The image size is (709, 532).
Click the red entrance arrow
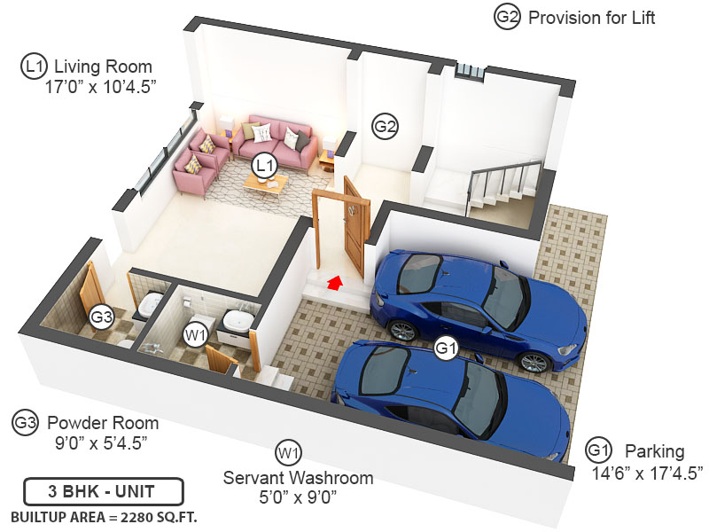[x=334, y=282]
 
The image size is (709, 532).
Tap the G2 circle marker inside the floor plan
[x=385, y=126]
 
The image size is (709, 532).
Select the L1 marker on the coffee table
[x=264, y=165]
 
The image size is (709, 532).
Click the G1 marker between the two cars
[x=445, y=349]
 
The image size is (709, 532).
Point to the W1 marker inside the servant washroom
[x=195, y=334]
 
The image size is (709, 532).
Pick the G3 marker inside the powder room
[x=102, y=316]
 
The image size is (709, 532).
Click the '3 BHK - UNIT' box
[x=103, y=491]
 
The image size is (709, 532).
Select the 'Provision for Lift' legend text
[x=591, y=17]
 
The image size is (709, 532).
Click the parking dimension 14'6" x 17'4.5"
[x=647, y=471]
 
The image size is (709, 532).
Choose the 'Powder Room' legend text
[x=103, y=422]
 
